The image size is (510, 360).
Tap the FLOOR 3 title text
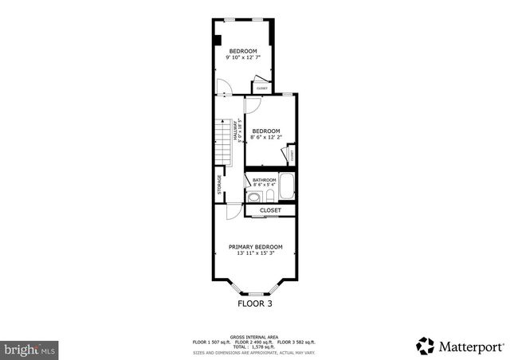pyautogui.click(x=255, y=303)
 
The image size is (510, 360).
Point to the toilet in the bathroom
pyautogui.click(x=269, y=197)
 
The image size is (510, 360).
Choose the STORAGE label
pyautogui.click(x=220, y=185)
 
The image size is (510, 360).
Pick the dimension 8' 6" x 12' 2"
pyautogui.click(x=266, y=137)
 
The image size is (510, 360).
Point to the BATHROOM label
pyautogui.click(x=265, y=180)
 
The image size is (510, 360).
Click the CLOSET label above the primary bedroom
pyautogui.click(x=270, y=210)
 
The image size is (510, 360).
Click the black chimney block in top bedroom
pyautogui.click(x=216, y=40)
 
